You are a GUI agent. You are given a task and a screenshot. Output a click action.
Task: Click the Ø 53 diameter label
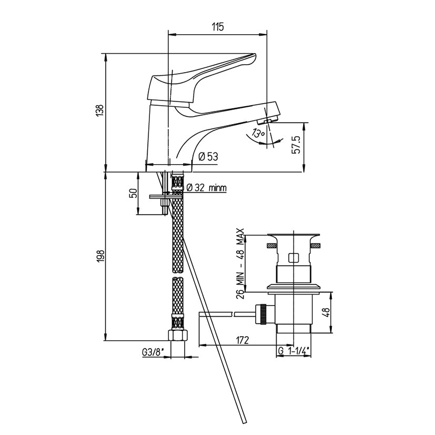(x=208, y=156)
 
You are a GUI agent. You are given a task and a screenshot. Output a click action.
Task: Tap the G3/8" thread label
(x=152, y=352)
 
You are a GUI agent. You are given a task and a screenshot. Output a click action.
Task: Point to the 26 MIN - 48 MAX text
(x=240, y=264)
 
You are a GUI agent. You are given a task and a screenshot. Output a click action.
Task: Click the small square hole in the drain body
(x=294, y=258)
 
